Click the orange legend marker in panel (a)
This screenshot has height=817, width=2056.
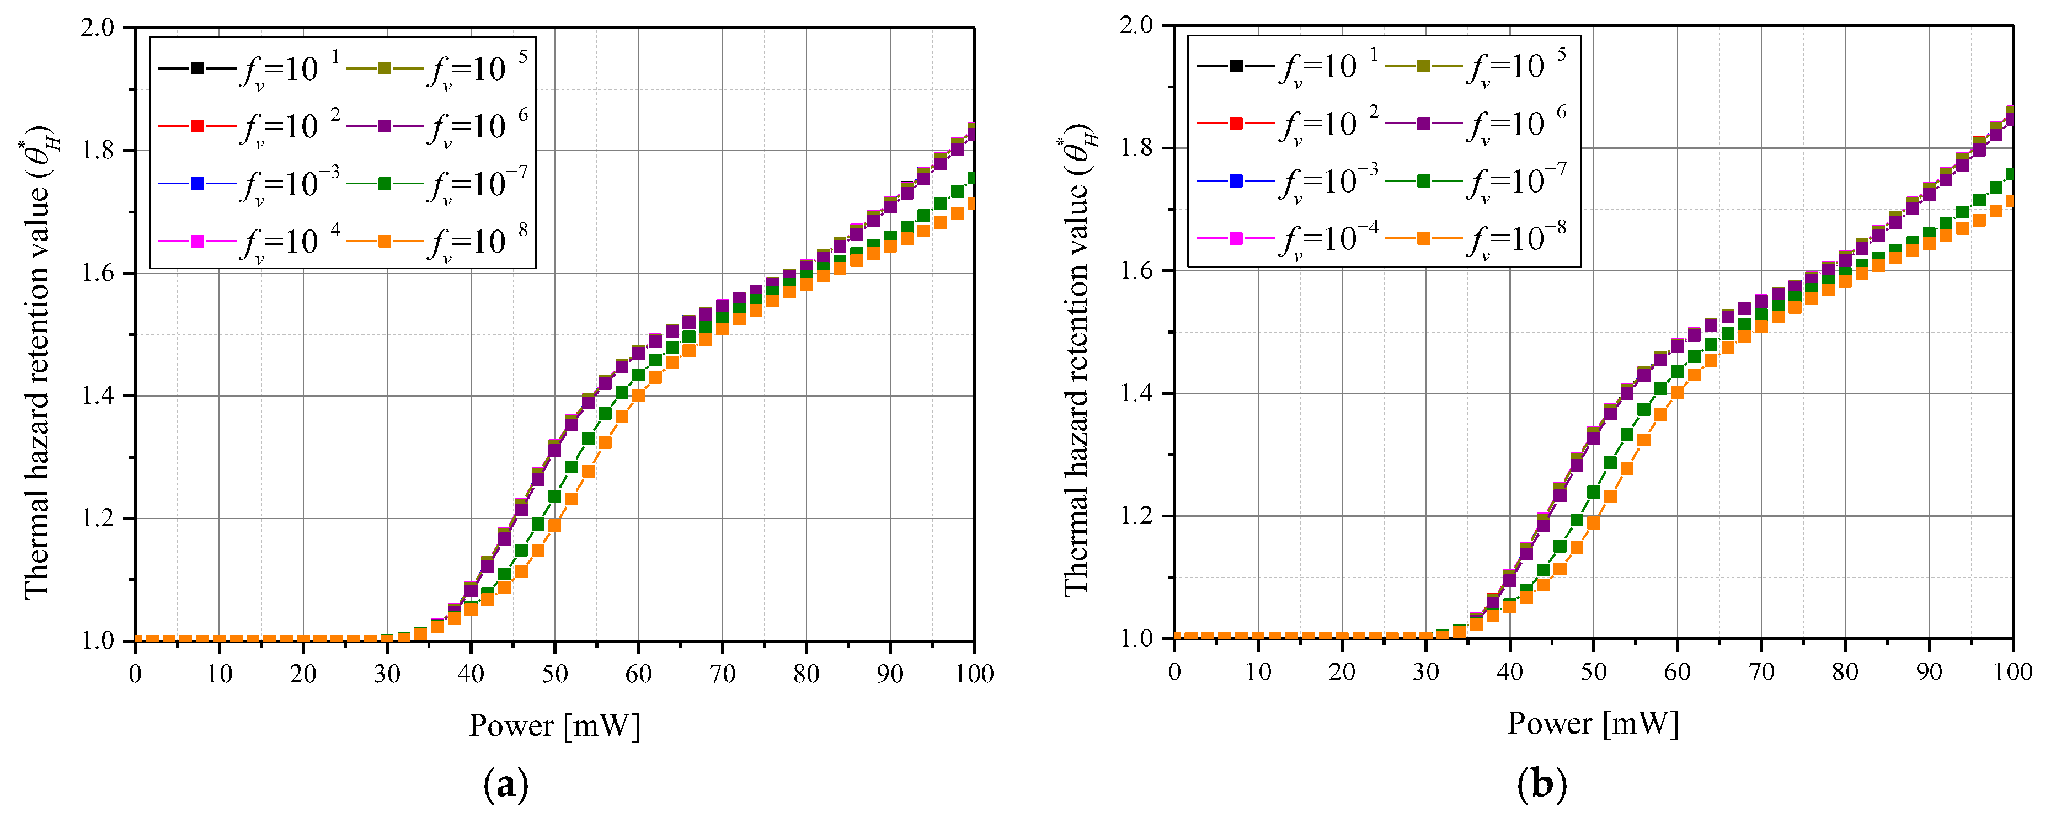coord(385,241)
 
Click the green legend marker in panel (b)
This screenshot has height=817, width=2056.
coord(1423,181)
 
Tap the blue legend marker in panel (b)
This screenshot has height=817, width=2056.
coord(1236,181)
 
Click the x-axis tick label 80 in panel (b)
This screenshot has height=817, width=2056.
coord(1845,672)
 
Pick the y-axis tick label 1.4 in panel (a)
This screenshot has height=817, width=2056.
coord(98,396)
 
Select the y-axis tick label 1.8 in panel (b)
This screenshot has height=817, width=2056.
coord(1136,148)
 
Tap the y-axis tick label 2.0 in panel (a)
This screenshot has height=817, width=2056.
coord(98,28)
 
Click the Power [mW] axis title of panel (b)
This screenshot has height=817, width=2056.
coord(1593,724)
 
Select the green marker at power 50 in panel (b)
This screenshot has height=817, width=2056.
coord(1594,492)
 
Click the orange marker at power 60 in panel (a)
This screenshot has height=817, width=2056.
coord(638,395)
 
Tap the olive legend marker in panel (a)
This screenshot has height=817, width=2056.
coord(385,68)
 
